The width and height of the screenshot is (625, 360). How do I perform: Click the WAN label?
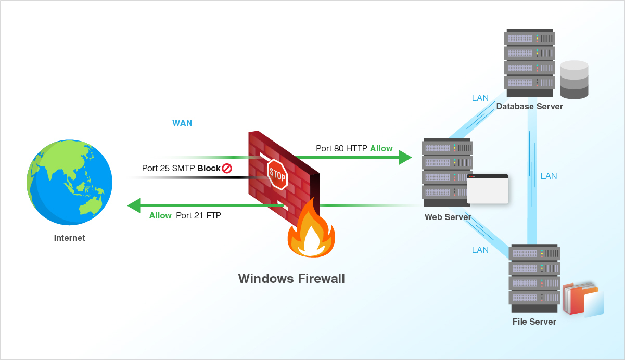click(182, 123)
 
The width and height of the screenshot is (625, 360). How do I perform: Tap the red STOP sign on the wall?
click(277, 174)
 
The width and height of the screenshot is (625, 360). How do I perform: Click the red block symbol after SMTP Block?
click(227, 169)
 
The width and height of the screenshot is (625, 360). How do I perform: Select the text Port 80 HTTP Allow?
click(354, 149)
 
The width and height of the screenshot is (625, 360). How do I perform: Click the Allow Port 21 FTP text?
click(185, 215)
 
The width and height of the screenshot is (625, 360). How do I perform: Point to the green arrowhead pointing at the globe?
click(134, 205)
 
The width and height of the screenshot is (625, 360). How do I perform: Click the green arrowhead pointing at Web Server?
click(405, 157)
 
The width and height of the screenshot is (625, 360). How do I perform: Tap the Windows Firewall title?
click(291, 278)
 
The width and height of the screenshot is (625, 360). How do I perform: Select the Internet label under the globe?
click(69, 238)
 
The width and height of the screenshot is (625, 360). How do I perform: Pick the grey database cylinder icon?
click(574, 80)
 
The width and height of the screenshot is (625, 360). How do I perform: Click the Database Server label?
click(529, 107)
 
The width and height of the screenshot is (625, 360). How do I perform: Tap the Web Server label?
click(448, 217)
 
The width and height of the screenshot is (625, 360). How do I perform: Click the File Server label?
click(534, 322)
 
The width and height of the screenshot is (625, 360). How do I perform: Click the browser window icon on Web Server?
click(487, 189)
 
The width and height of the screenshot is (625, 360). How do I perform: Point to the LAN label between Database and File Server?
click(549, 176)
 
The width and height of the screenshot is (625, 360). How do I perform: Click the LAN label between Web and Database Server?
click(480, 98)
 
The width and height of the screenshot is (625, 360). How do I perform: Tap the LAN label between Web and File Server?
click(480, 250)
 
